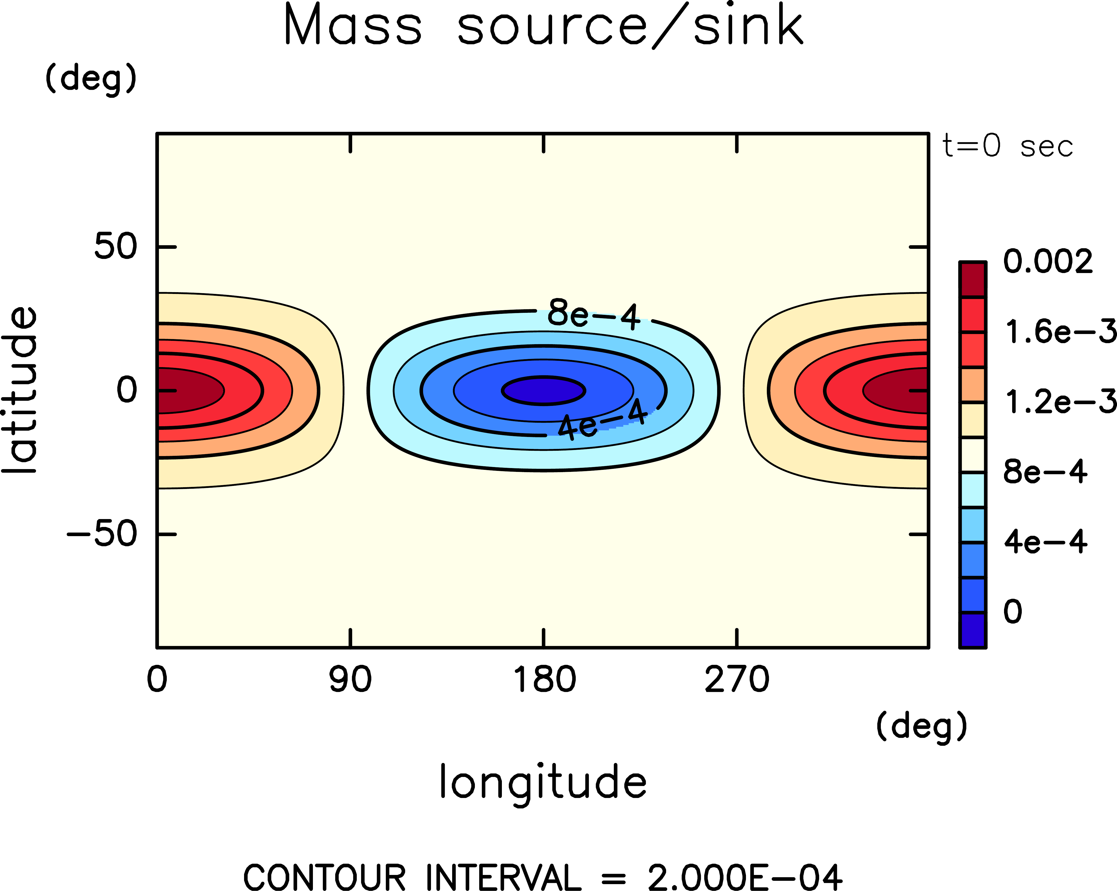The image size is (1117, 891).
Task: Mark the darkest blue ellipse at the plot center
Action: (x=543, y=390)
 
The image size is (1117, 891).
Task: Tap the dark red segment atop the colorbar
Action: (x=972, y=280)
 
